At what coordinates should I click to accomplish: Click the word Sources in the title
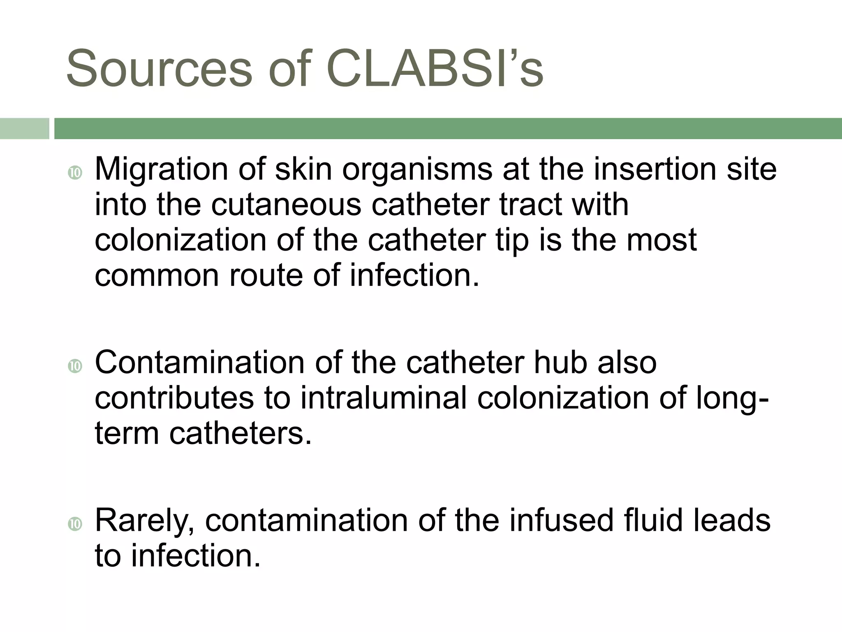pyautogui.click(x=159, y=68)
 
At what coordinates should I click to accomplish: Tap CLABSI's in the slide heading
pyautogui.click(x=435, y=68)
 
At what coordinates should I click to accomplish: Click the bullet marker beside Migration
pyautogui.click(x=75, y=173)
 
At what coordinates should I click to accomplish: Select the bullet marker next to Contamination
pyautogui.click(x=75, y=366)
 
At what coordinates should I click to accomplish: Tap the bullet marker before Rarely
pyautogui.click(x=75, y=524)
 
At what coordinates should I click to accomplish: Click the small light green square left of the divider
pyautogui.click(x=24, y=128)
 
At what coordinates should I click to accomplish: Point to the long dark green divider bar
pyautogui.click(x=448, y=128)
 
